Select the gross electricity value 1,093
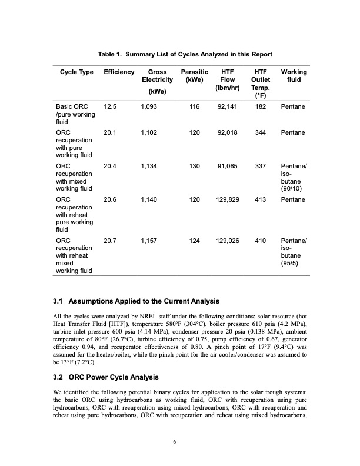(149, 108)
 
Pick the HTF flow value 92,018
(227, 133)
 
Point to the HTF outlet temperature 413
(259, 200)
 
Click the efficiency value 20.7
(110, 241)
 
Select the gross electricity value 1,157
(149, 241)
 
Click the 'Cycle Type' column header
(76, 72)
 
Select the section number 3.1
(58, 302)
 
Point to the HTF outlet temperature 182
(259, 108)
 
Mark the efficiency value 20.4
(110, 167)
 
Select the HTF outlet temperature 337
(259, 167)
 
